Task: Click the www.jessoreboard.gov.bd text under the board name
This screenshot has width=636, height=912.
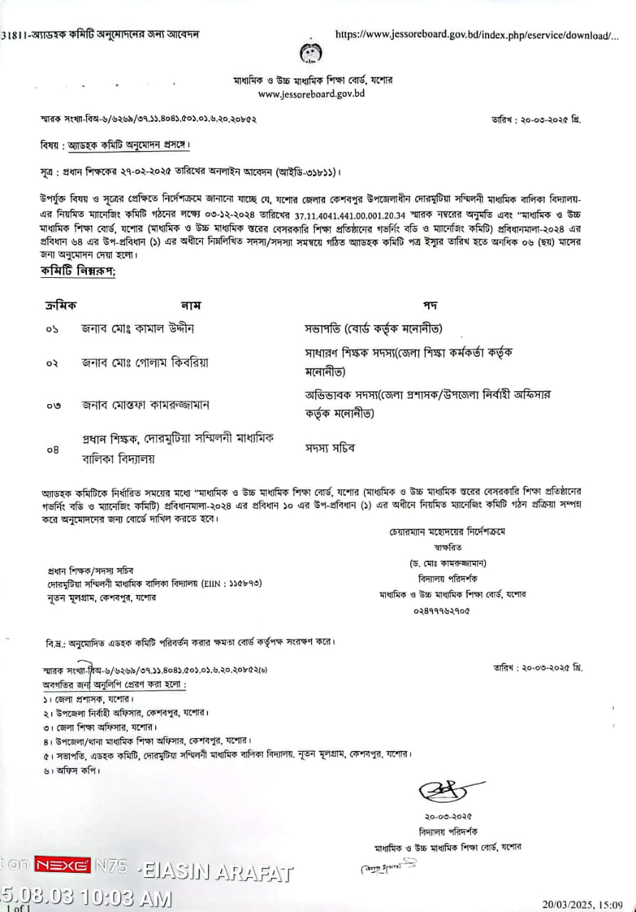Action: click(311, 93)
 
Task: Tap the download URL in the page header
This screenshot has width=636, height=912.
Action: click(476, 34)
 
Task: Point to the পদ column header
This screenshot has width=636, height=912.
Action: click(429, 305)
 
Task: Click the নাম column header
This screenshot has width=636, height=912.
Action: click(191, 305)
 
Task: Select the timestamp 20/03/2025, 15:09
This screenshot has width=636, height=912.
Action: click(585, 904)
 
